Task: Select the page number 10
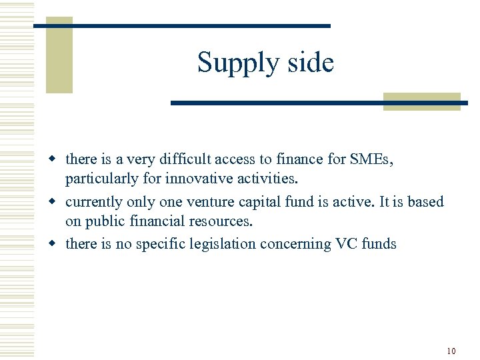[451, 351]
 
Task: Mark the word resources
[220, 223]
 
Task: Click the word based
[427, 201]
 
